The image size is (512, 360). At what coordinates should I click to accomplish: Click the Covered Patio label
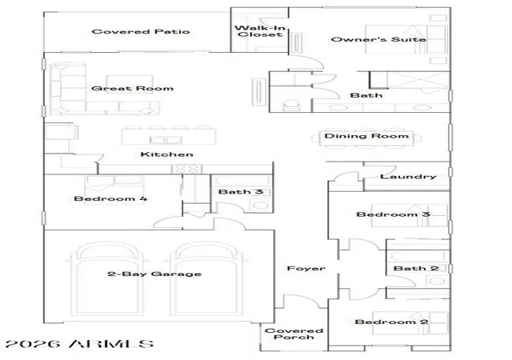[141, 32]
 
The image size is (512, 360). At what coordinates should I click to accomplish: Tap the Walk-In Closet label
[260, 31]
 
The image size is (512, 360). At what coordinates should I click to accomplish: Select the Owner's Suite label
[378, 39]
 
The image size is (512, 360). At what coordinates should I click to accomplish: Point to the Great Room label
[132, 88]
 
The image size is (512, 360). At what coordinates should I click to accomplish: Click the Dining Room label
[366, 136]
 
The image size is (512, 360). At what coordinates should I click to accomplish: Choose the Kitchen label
[167, 154]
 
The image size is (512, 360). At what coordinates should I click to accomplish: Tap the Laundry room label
[408, 177]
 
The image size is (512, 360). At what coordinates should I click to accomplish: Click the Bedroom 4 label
[110, 198]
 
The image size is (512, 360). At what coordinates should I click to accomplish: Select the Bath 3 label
[241, 192]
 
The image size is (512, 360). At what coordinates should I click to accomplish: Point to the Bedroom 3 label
[393, 214]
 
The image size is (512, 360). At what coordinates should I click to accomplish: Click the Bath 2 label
[416, 269]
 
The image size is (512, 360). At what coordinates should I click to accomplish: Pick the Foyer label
[306, 269]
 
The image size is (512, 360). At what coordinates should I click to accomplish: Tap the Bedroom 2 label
[391, 322]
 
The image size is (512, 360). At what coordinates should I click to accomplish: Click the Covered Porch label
[294, 334]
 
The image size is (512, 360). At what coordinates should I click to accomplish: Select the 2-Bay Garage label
[154, 274]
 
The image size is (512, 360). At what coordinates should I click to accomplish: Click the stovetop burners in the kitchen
[186, 169]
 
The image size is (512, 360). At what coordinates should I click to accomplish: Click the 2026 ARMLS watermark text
[79, 344]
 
